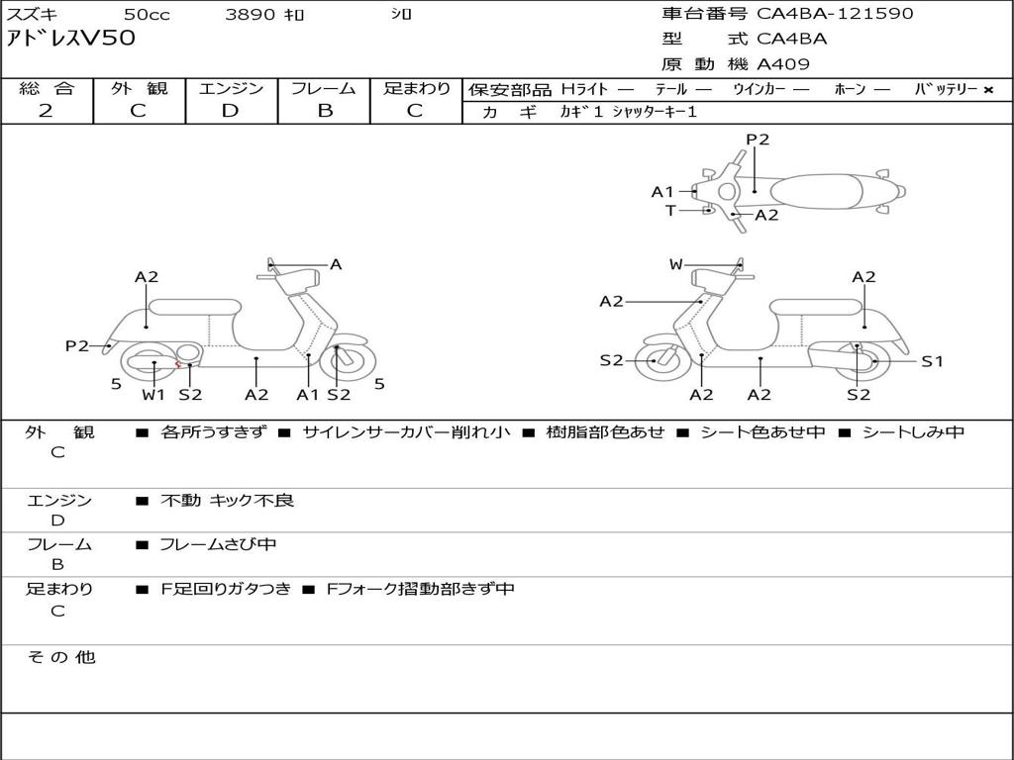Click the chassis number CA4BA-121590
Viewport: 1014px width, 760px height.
(x=835, y=14)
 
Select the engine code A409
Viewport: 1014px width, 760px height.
(x=783, y=64)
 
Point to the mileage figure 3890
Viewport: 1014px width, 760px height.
(x=252, y=15)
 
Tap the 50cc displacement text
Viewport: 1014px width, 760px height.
(x=146, y=15)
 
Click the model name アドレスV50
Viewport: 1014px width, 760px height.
(x=71, y=40)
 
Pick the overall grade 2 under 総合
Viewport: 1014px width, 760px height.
(x=46, y=111)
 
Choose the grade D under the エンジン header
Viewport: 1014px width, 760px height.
(x=231, y=111)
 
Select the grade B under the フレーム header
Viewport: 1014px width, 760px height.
(x=324, y=111)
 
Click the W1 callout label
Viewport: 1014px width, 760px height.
(x=153, y=395)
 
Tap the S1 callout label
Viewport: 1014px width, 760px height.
(x=932, y=361)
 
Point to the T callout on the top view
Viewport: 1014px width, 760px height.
(x=670, y=210)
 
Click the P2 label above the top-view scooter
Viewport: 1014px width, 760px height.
(x=758, y=140)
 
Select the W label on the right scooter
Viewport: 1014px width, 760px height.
(x=676, y=264)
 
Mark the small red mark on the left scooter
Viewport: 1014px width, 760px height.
(x=177, y=365)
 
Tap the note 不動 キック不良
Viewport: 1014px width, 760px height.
(x=227, y=501)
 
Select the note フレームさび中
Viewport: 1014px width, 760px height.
(x=218, y=544)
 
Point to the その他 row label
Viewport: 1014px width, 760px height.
(x=60, y=657)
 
